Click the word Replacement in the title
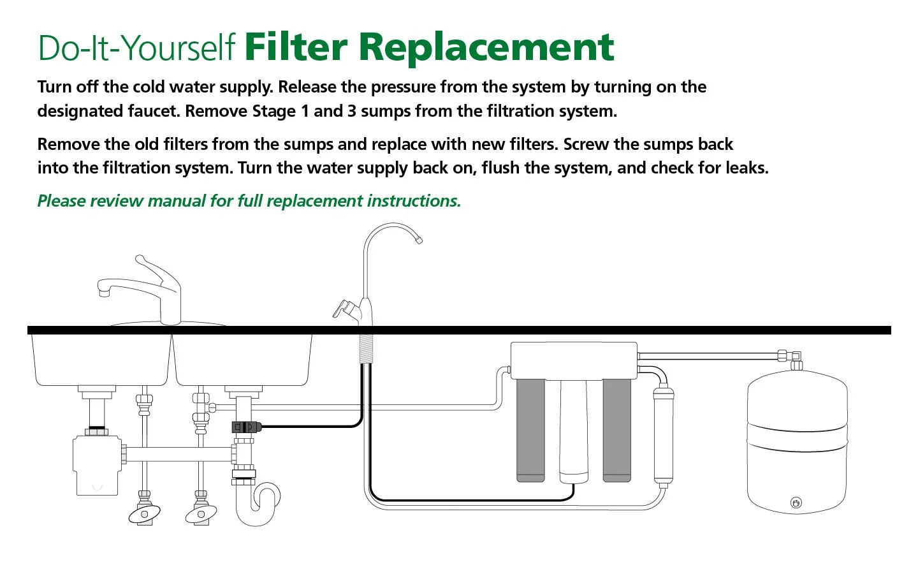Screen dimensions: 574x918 tap(486, 48)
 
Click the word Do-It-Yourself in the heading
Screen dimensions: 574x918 tap(136, 48)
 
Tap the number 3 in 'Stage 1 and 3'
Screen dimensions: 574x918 tap(351, 112)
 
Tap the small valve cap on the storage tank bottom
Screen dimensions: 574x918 tap(796, 503)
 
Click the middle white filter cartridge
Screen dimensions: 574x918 tap(574, 430)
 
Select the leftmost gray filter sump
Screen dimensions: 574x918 tap(530, 430)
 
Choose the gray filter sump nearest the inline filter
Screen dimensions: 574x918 tap(616, 430)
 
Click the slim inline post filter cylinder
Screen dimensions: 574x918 tap(663, 437)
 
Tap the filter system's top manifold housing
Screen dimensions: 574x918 tap(574, 361)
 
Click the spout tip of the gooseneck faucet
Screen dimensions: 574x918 tap(418, 240)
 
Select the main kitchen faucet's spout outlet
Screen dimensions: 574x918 tap(103, 291)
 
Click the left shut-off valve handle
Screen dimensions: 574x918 tap(145, 513)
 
